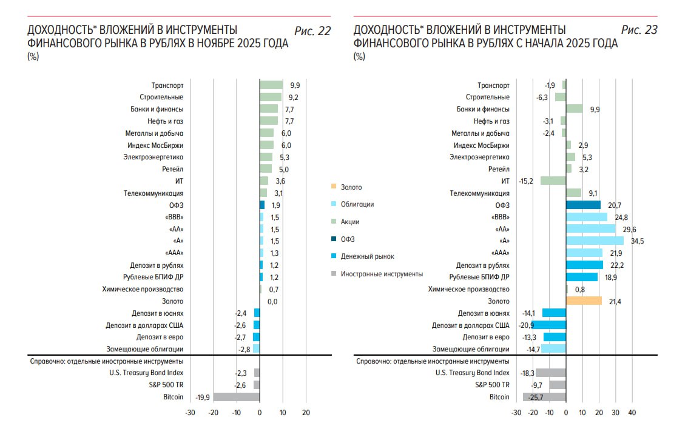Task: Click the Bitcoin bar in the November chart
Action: click(237, 397)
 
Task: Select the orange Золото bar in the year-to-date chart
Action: click(584, 301)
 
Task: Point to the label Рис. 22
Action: click(312, 31)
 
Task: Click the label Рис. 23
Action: click(639, 31)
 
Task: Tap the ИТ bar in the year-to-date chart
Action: click(553, 181)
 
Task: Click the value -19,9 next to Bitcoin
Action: click(203, 397)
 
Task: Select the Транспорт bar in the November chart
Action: click(271, 85)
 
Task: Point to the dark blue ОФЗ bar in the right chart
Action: click(583, 205)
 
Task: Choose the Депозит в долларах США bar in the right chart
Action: click(548, 325)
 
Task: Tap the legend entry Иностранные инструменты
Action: click(382, 274)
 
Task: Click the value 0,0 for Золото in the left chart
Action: click(272, 301)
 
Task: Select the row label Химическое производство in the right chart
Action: click(469, 289)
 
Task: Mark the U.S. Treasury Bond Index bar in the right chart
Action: click(551, 373)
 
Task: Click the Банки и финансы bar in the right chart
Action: click(574, 109)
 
